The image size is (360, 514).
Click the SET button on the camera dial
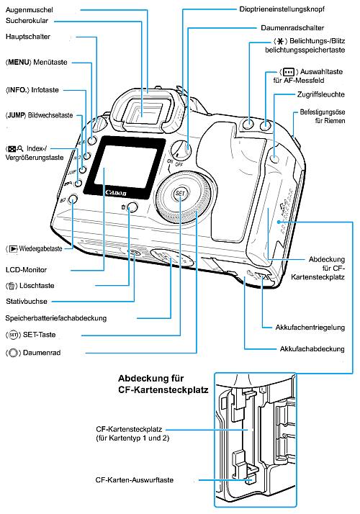tap(178, 193)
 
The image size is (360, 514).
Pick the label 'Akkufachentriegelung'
tap(311, 325)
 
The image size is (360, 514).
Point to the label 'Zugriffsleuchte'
tap(310, 94)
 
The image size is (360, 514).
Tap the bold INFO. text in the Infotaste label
tap(18, 90)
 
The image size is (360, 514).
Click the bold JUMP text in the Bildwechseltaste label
tap(18, 115)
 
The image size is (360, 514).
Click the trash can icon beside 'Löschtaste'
tap(12, 285)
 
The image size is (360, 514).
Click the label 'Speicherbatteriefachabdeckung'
tap(56, 317)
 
